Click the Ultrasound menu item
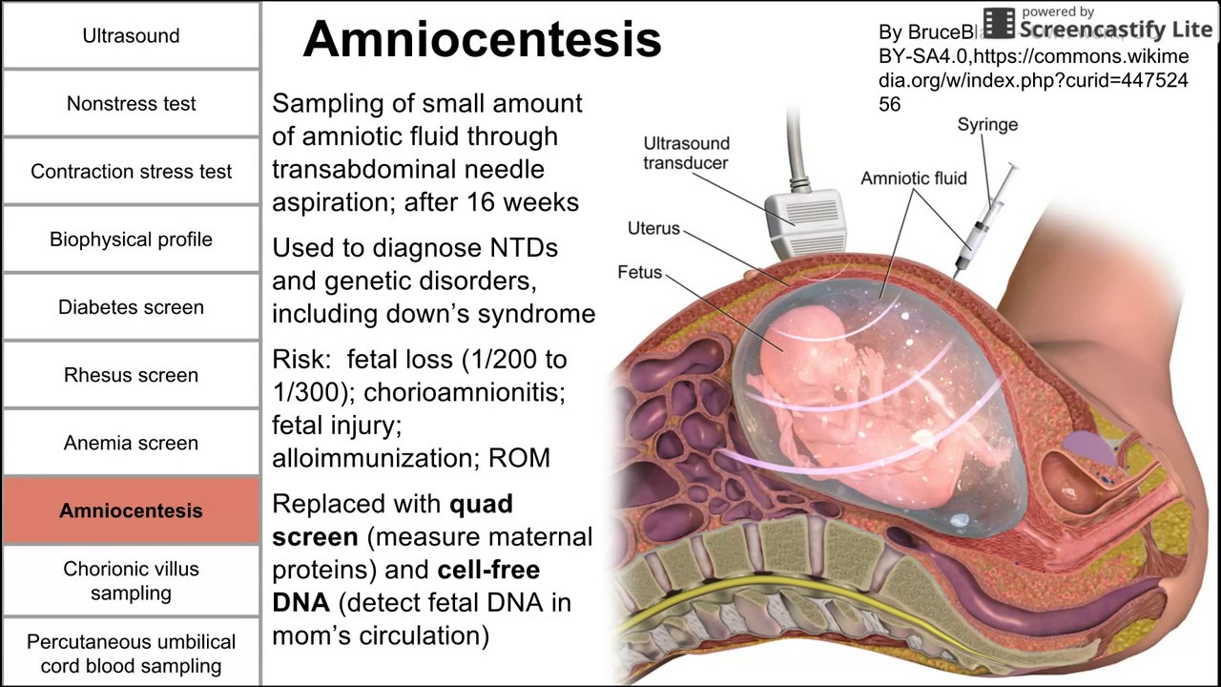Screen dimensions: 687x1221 click(131, 36)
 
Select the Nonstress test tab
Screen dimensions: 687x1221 click(131, 104)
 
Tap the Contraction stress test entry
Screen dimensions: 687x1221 click(131, 172)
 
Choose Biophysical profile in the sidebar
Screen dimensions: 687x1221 click(131, 239)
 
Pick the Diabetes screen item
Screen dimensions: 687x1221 click(131, 307)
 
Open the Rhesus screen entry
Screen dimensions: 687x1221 click(131, 375)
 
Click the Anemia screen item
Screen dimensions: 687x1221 click(131, 443)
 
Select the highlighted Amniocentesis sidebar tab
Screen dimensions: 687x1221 click(131, 510)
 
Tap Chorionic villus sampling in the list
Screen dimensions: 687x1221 click(131, 580)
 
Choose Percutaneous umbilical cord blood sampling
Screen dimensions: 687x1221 click(131, 654)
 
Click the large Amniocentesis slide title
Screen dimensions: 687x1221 click(482, 40)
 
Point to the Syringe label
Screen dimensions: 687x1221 click(987, 125)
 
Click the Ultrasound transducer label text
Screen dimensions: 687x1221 click(686, 153)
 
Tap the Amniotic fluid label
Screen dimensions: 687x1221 click(913, 178)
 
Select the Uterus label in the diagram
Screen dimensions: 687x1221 click(653, 228)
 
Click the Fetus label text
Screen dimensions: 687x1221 click(639, 273)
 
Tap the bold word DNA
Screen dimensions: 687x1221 click(300, 602)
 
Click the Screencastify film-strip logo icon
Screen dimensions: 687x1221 click(999, 23)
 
